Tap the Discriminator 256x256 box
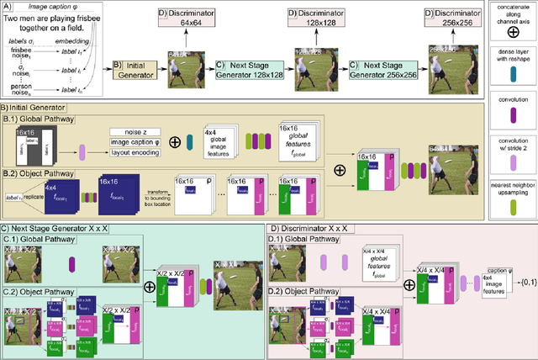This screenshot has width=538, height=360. (428, 19)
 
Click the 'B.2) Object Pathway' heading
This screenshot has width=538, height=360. (43, 171)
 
